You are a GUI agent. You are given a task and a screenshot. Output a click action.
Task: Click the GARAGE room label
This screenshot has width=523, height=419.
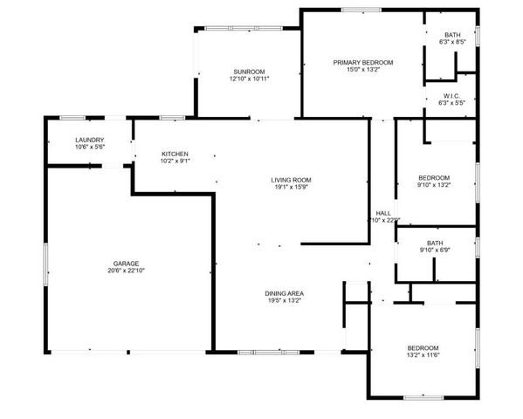(126, 263)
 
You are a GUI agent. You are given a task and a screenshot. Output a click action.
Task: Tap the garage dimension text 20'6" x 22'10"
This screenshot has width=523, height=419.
(126, 271)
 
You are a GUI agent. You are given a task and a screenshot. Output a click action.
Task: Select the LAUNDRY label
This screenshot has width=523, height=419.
(90, 140)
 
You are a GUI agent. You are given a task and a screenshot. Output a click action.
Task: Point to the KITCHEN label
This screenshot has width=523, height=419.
(175, 154)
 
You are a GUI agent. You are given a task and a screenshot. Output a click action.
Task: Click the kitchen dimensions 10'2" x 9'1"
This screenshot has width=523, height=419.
(175, 161)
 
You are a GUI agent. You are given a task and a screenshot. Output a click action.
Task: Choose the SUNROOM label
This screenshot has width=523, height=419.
(249, 71)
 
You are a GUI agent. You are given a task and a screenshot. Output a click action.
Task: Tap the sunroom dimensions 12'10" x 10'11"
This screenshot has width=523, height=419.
(249, 79)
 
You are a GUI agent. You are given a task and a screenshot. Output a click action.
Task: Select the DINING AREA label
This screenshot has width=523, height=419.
(285, 292)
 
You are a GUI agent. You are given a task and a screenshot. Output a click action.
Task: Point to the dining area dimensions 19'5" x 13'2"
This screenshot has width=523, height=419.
(285, 300)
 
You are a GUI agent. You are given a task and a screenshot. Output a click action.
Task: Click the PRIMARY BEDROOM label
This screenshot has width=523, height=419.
(363, 62)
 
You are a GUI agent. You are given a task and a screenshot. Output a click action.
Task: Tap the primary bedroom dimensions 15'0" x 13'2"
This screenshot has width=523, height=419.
(363, 70)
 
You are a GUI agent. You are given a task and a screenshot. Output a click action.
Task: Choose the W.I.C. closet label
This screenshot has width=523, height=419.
(451, 95)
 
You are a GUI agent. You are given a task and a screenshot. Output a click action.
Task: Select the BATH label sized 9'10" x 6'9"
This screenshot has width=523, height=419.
(434, 243)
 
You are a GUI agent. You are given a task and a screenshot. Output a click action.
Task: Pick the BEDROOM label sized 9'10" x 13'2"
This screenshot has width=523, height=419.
(434, 177)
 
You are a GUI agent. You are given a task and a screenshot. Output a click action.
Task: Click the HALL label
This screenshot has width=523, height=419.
(382, 213)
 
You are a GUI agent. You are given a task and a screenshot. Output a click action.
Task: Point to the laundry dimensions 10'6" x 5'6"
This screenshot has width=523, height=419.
(90, 148)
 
